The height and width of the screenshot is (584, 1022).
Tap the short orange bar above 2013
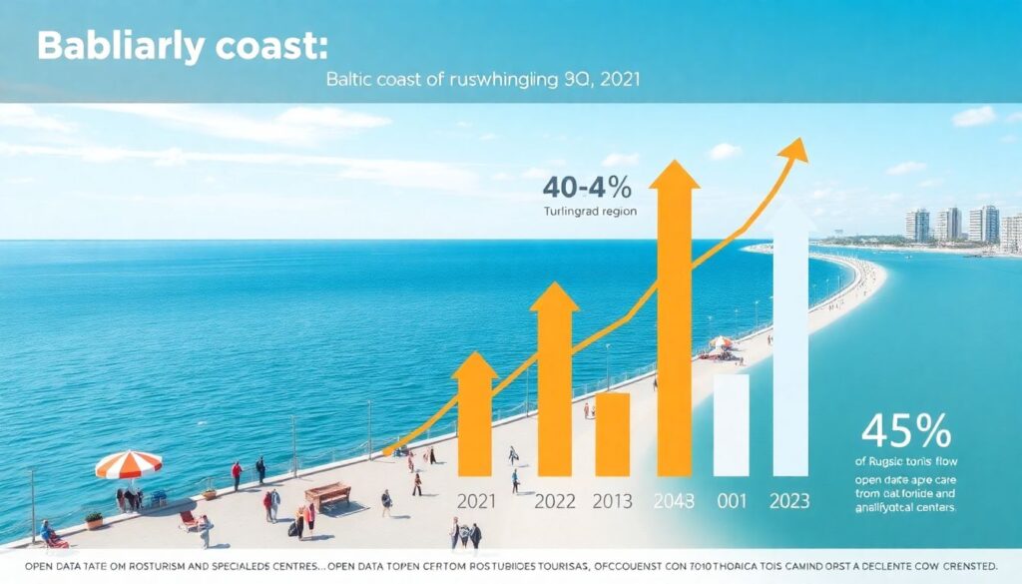612,433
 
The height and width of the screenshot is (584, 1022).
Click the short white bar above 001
731,424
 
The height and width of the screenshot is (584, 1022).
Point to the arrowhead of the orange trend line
794,150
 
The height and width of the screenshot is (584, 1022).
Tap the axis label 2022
554,501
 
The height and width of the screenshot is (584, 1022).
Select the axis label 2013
612,501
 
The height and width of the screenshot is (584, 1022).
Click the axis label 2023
790,501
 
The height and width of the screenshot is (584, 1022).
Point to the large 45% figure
905,431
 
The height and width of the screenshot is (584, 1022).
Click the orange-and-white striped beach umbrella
129,463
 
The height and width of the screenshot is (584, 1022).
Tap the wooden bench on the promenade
327,494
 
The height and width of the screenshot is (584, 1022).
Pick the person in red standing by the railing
237,474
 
